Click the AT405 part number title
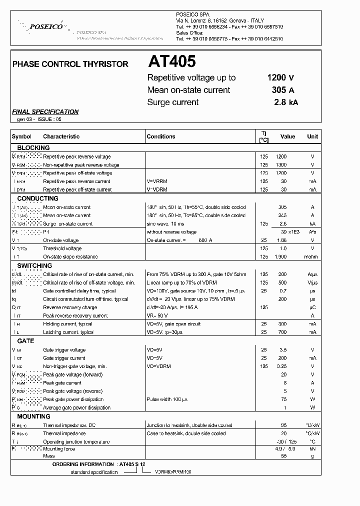click(x=171, y=62)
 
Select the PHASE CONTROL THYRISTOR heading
click(x=70, y=64)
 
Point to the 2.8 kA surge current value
click(x=285, y=102)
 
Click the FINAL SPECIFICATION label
click(x=45, y=112)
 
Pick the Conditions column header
click(x=161, y=136)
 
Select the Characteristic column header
click(x=61, y=136)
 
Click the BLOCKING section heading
click(x=33, y=148)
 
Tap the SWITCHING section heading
click(x=34, y=266)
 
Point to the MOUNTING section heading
click(x=33, y=416)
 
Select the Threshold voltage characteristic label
click(x=62, y=248)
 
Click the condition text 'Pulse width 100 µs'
click(x=166, y=399)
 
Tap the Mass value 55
click(x=283, y=456)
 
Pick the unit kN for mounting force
click(x=312, y=449)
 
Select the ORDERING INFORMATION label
click(x=84, y=464)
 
